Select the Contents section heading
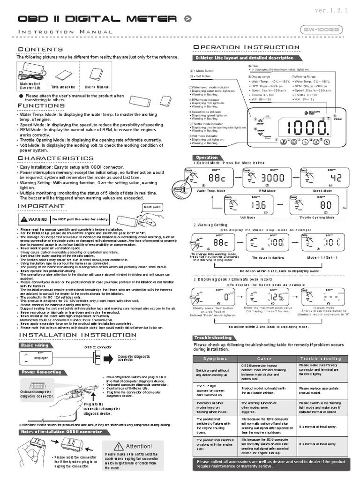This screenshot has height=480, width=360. [x=40, y=50]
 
